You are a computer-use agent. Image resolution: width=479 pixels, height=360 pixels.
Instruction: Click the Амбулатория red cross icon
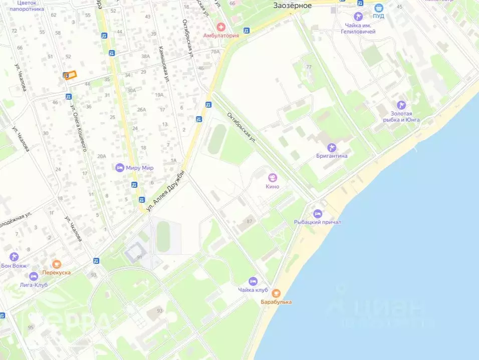(x=220, y=27)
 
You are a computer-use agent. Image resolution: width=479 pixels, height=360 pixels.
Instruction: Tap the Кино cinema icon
(x=273, y=177)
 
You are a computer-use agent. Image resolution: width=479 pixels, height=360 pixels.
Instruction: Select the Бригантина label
(x=331, y=156)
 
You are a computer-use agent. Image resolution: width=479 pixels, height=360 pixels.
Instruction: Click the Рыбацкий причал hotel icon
(x=318, y=213)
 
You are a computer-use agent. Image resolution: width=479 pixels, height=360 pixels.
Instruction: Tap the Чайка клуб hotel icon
(x=253, y=281)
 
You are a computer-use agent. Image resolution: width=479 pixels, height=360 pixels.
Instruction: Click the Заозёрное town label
(x=293, y=6)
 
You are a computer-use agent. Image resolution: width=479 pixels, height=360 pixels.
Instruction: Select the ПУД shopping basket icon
(x=379, y=8)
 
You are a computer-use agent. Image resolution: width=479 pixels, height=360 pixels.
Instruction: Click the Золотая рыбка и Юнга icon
(x=401, y=105)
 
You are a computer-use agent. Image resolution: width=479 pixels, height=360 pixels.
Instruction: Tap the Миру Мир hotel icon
(x=119, y=168)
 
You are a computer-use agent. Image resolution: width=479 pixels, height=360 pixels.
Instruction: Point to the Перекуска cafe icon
(x=56, y=264)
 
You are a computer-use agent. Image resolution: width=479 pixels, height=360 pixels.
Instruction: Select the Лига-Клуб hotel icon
(x=34, y=276)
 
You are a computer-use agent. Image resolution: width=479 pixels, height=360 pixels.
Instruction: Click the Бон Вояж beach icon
(x=14, y=257)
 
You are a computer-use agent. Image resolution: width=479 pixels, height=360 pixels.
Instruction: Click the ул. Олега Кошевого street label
(x=79, y=128)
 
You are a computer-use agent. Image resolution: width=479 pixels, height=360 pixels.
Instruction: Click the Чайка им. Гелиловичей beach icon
(x=358, y=17)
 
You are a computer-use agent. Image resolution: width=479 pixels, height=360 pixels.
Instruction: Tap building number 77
(x=309, y=67)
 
